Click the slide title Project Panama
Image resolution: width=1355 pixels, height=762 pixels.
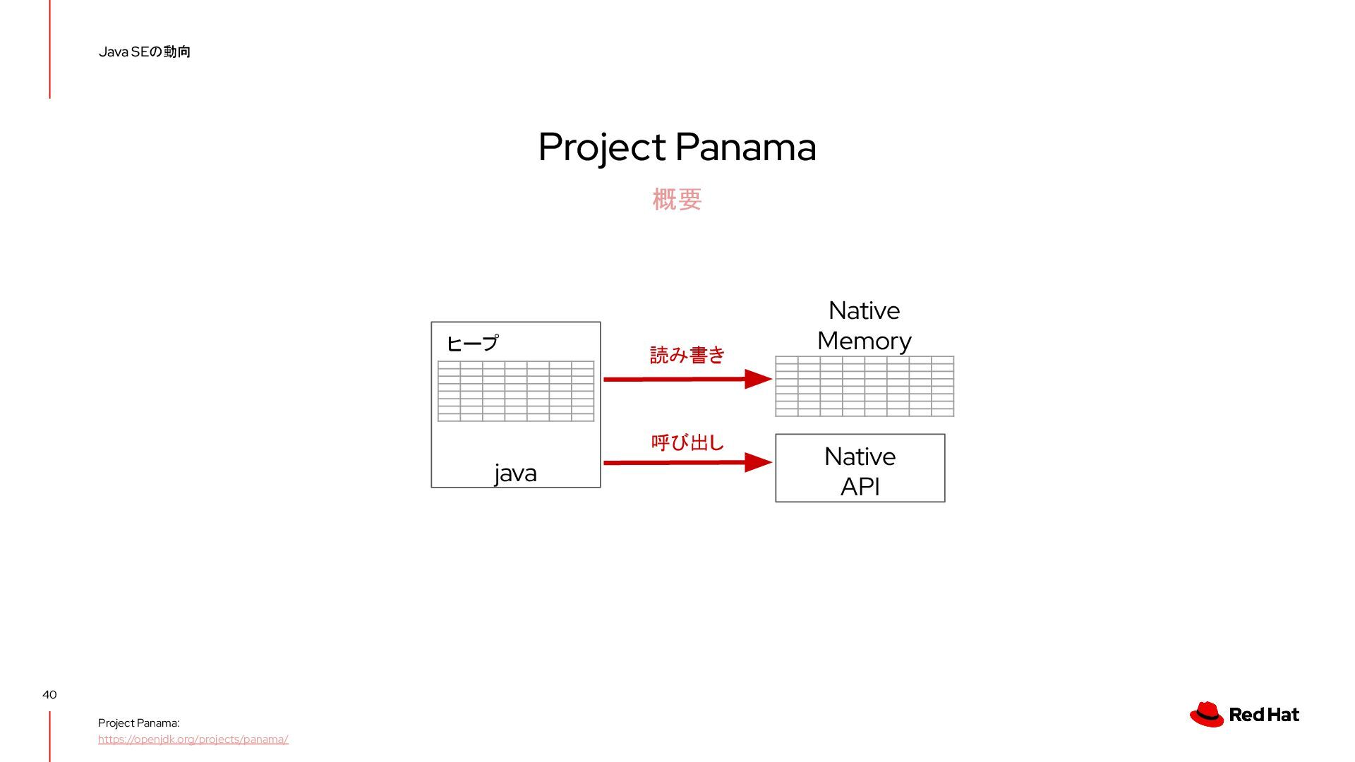pos(677,147)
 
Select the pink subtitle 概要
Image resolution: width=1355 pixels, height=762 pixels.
pos(677,200)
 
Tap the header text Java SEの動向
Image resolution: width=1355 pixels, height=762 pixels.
pos(145,52)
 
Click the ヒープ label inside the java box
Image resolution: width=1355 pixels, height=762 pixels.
pos(472,344)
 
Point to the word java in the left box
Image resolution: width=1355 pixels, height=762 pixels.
pos(515,473)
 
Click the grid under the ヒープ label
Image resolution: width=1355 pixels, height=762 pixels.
pos(516,391)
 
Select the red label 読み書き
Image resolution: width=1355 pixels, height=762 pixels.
pos(687,355)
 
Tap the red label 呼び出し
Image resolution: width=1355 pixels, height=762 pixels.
pos(687,442)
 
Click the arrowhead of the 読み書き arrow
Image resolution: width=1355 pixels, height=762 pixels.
pos(758,379)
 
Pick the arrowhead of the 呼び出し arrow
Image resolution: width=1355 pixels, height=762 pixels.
pos(758,462)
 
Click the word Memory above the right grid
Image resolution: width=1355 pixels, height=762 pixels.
pos(864,341)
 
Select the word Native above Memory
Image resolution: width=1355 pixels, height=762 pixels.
pos(864,310)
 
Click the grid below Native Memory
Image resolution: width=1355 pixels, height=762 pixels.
pos(864,386)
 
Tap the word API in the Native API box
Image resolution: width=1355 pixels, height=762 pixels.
pos(860,487)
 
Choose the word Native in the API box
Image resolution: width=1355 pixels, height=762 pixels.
pos(860,456)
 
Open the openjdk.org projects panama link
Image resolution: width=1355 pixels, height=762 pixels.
pos(193,739)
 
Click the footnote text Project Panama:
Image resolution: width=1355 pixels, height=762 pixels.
pos(138,723)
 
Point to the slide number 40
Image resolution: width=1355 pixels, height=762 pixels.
pos(49,695)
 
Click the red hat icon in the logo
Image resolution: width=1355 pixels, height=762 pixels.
pos(1207,714)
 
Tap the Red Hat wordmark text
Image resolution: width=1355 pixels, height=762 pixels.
pos(1263,715)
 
